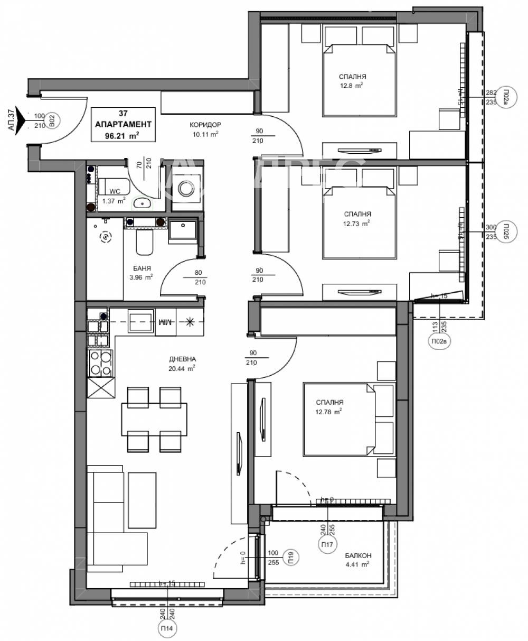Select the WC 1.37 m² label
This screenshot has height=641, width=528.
click(x=114, y=196)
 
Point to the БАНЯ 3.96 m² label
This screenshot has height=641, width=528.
click(x=141, y=272)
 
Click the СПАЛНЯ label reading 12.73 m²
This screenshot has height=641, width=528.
click(x=356, y=218)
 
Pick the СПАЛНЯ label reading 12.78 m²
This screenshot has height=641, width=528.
click(x=329, y=406)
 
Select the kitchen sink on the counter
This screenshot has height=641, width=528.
click(x=140, y=321)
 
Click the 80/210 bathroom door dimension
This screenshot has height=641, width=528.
click(x=197, y=277)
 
